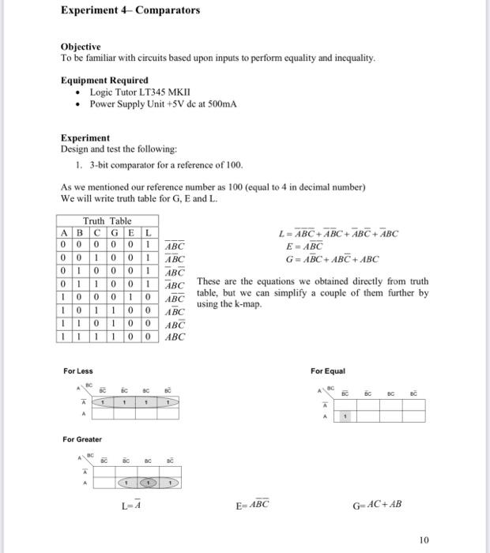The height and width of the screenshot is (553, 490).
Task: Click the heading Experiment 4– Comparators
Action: (130, 10)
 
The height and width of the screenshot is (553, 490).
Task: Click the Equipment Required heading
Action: (104, 81)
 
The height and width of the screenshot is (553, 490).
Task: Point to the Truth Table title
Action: (107, 221)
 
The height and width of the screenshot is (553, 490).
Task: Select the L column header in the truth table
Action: (148, 232)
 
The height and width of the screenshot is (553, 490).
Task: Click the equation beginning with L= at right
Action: (339, 234)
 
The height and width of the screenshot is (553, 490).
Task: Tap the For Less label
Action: (78, 371)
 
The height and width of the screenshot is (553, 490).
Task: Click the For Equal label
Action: (328, 371)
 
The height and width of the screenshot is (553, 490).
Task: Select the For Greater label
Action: (82, 439)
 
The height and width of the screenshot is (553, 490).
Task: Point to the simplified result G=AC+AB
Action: (377, 504)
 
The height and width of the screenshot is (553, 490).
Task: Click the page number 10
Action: (424, 540)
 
